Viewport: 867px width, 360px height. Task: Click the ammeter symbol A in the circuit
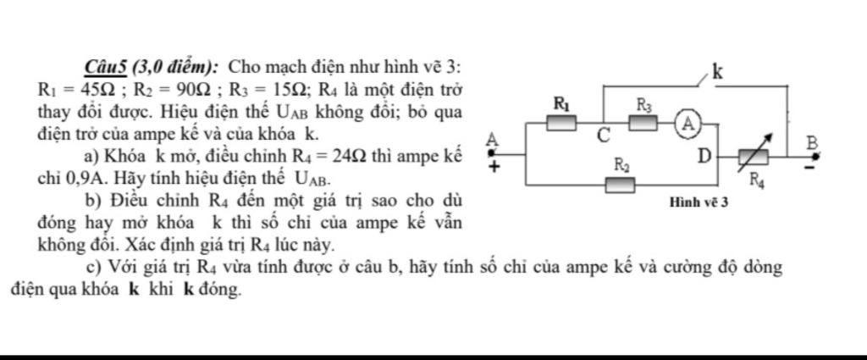(x=688, y=123)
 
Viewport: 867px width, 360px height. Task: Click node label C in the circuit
(x=603, y=136)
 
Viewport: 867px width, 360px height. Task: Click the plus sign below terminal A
(x=494, y=168)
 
